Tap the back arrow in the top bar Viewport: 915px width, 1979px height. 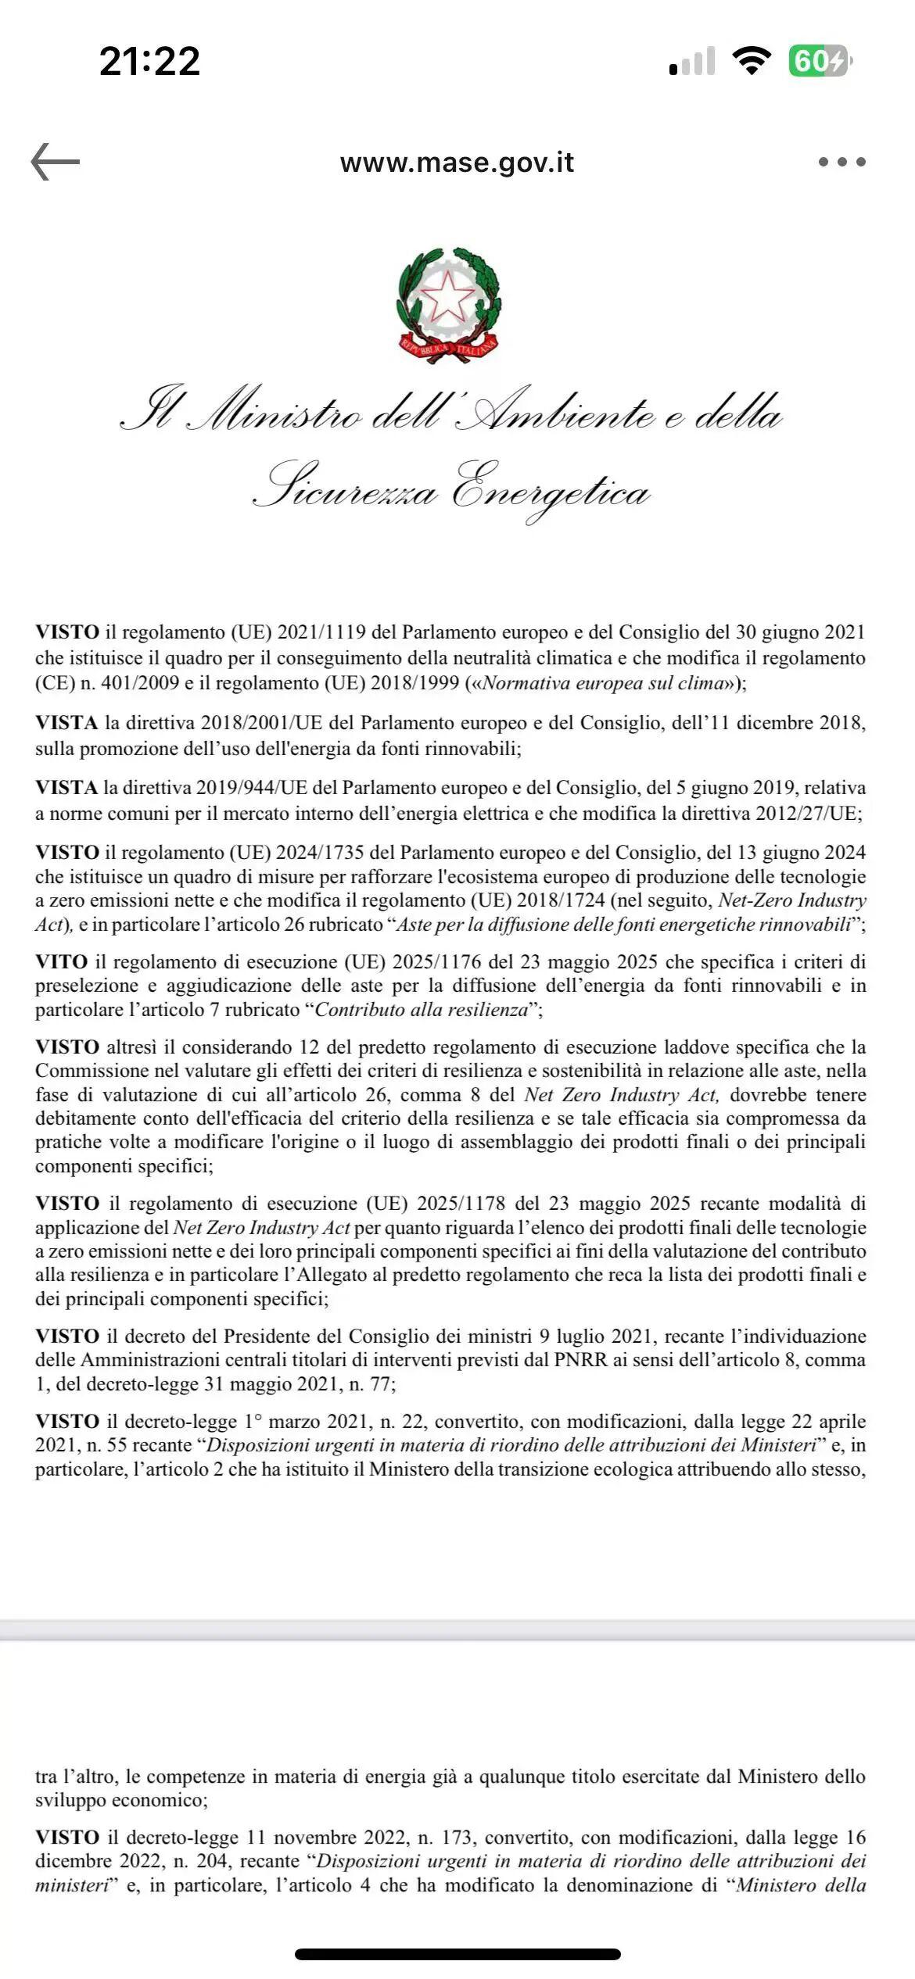56,162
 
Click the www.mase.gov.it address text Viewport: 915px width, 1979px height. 457,163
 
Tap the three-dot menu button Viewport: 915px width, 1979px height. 842,163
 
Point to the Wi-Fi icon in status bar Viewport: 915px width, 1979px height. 751,60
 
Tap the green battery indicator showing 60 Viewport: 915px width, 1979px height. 818,60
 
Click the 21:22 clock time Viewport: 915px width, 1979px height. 149,61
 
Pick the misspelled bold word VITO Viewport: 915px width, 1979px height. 61,961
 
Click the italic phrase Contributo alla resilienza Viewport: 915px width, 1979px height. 422,1010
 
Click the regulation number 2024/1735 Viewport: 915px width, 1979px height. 324,852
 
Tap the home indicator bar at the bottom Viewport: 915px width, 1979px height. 457,1954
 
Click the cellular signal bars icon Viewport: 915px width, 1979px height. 692,62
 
